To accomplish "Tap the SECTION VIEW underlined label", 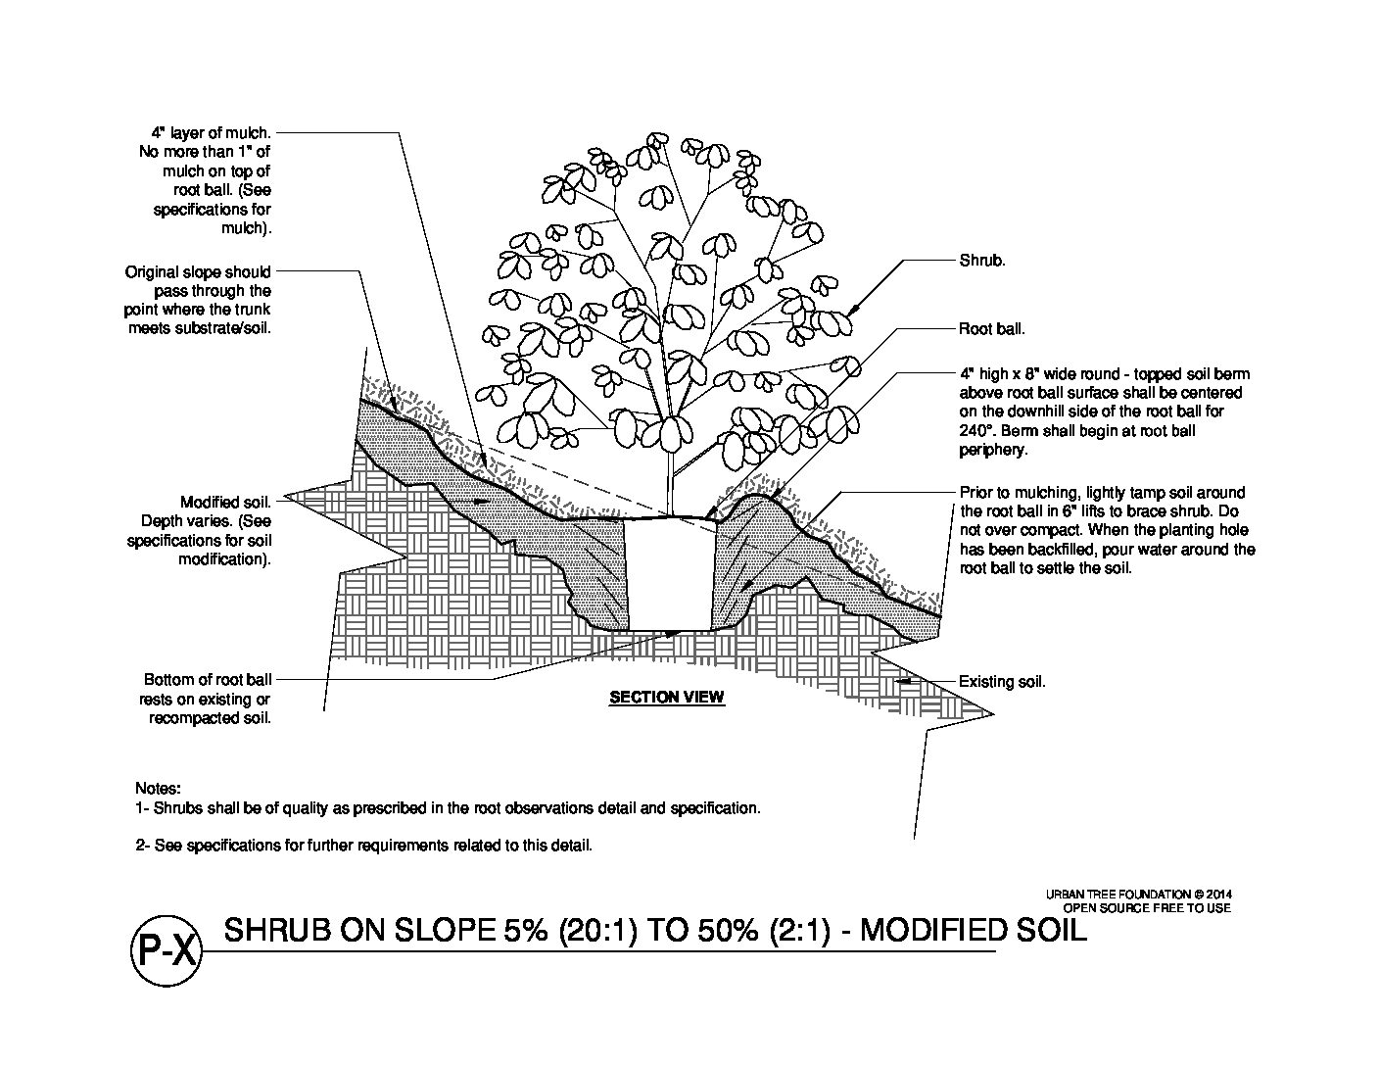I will (x=666, y=698).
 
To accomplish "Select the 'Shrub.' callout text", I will (x=981, y=262).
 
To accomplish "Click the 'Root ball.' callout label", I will (x=991, y=329).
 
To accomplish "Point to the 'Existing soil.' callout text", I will (x=1001, y=682).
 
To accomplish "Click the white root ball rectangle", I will (x=667, y=575).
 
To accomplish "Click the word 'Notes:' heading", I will (x=158, y=789).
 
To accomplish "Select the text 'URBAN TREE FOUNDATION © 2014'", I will (x=1137, y=895).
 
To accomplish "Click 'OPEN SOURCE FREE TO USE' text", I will (x=1146, y=908).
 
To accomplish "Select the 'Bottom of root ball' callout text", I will (x=208, y=680).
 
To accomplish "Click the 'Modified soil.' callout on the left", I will (x=225, y=503).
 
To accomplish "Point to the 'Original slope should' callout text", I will (x=198, y=272).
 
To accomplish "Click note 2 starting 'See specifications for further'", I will (x=363, y=845).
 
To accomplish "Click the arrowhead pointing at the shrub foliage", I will (x=851, y=311).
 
